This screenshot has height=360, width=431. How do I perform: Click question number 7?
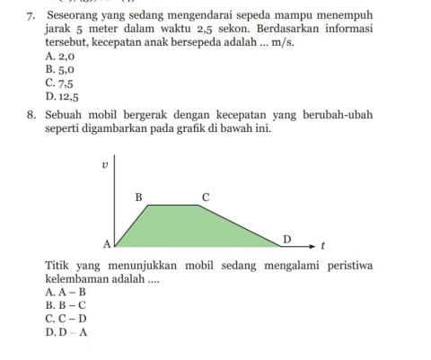coord(31,16)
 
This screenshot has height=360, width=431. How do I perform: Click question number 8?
coord(31,115)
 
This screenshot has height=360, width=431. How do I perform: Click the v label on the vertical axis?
coord(105,165)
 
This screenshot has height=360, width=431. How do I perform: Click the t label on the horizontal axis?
coord(322,244)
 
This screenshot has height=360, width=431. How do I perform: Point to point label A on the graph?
coord(107,243)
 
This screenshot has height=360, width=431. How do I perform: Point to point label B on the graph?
coord(138,196)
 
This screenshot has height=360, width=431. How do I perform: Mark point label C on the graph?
coord(205,196)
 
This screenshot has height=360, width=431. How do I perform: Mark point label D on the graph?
coord(287,238)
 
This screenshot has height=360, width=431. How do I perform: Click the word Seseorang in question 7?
coord(75,16)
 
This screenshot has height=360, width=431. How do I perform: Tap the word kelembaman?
coord(77,278)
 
